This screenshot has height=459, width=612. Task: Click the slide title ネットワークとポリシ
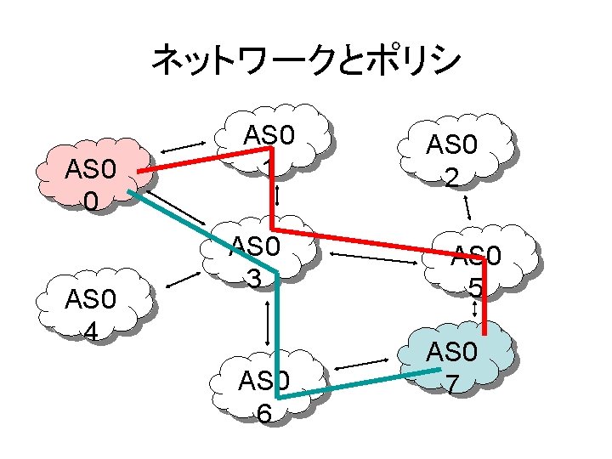pos(306,59)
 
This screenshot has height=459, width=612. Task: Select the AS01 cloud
pos(280,140)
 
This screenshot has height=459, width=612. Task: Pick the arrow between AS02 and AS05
pos(467,207)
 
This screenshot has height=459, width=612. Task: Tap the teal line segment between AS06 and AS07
pos(365,383)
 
